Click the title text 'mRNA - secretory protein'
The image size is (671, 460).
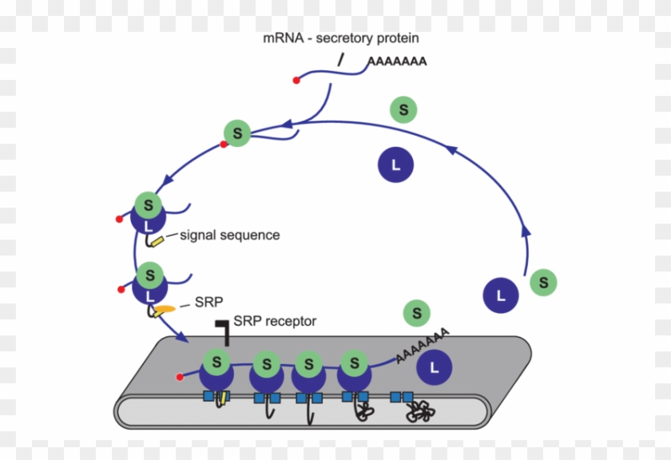point(341,38)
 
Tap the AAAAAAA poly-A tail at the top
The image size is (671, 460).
point(397,61)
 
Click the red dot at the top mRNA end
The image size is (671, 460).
point(296,80)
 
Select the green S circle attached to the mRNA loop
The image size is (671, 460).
point(237,133)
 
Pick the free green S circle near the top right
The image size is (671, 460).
point(403,109)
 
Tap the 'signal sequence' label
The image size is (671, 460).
point(229,235)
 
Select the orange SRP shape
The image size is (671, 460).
point(165,309)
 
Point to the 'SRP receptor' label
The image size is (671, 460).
point(275,321)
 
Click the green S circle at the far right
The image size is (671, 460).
point(544,282)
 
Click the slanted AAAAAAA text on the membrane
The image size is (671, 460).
point(422,345)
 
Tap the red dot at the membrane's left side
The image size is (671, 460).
point(181,376)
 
